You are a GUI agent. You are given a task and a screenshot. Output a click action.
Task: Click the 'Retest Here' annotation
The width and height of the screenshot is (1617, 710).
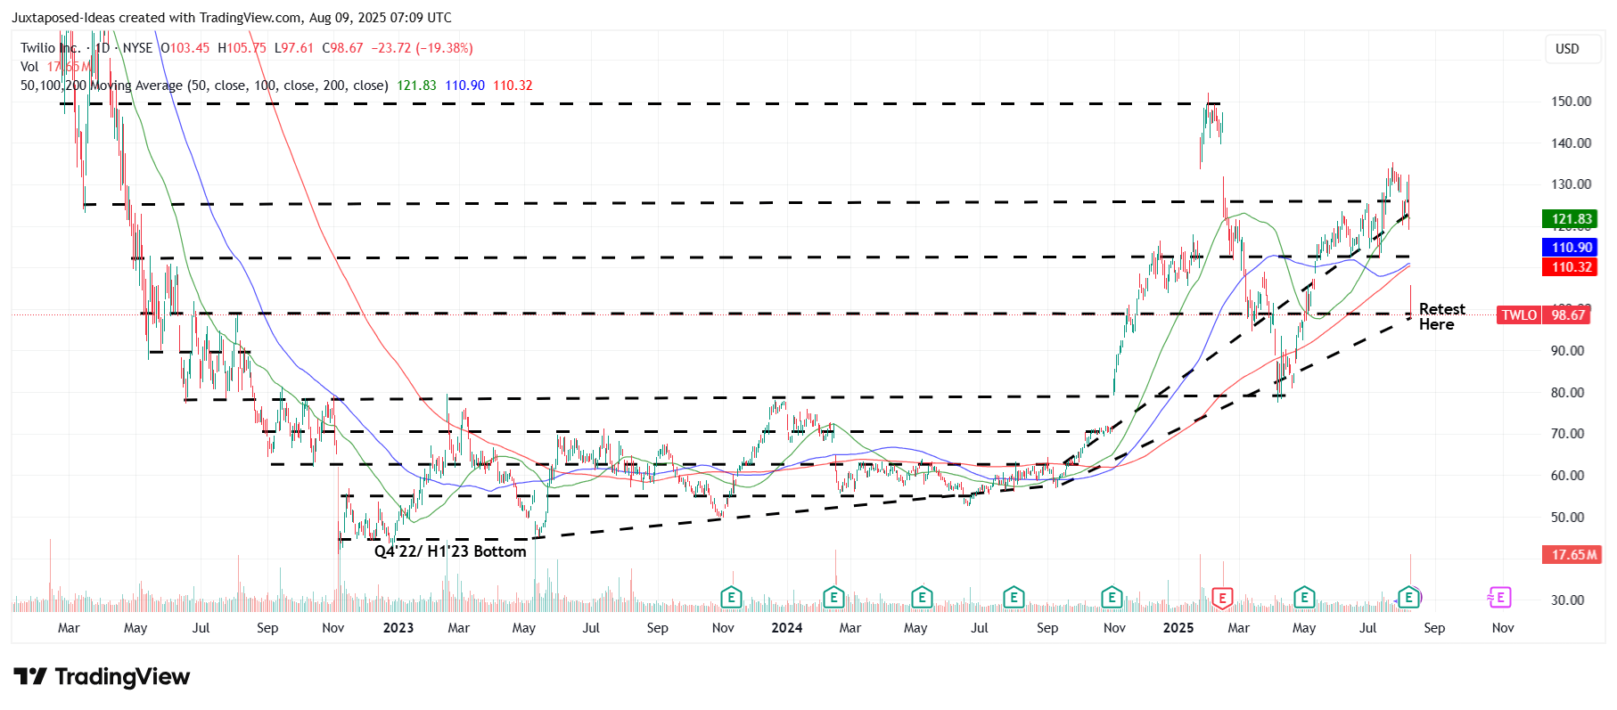[x=1441, y=316]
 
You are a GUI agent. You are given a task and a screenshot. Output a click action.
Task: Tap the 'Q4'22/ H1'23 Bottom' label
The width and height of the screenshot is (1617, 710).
[x=449, y=551]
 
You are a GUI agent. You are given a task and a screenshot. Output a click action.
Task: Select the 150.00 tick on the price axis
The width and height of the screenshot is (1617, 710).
[x=1571, y=102]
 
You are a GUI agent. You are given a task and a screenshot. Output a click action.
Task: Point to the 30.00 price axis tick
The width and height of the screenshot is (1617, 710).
[x=1567, y=600]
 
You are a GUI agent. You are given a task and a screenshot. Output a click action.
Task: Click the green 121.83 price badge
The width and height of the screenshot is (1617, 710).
[x=1570, y=219]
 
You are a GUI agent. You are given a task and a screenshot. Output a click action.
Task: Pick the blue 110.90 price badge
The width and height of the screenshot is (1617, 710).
[x=1570, y=248]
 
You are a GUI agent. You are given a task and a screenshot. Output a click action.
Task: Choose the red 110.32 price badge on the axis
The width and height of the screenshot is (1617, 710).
[x=1570, y=267]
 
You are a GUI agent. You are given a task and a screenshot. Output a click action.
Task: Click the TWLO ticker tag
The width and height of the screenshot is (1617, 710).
[x=1519, y=315]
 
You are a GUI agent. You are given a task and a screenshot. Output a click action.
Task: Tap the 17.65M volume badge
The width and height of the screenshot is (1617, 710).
[x=1572, y=555]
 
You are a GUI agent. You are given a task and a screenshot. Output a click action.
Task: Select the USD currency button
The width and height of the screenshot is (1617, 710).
[x=1567, y=49]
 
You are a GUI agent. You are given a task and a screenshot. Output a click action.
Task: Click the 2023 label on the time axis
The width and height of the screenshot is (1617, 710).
[x=398, y=628]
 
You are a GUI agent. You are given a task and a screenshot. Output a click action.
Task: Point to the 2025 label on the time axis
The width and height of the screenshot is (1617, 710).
[x=1178, y=628]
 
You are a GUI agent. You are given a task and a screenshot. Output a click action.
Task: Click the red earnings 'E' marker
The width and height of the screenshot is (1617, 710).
[x=1222, y=598]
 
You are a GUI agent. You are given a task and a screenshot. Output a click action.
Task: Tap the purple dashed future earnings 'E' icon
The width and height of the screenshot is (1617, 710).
[x=1499, y=598]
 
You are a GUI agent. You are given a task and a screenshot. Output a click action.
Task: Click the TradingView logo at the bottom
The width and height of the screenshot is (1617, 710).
[x=102, y=677]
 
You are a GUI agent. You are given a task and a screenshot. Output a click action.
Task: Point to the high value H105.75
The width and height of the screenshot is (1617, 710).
[x=242, y=48]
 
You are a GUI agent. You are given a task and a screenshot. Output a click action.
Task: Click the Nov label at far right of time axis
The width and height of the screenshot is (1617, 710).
[x=1502, y=628]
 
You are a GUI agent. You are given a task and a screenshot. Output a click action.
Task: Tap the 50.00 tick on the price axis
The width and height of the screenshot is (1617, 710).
[x=1567, y=518]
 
